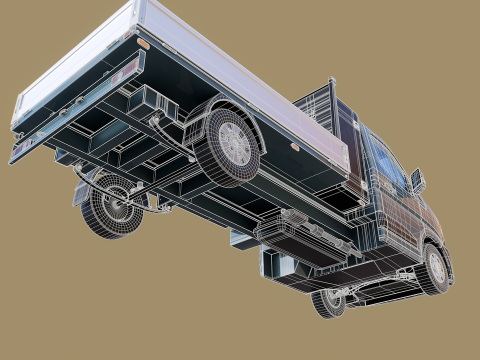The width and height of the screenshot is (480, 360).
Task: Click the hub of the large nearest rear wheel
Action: pyautogui.click(x=236, y=144)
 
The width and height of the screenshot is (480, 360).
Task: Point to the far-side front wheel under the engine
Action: pyautogui.click(x=328, y=301)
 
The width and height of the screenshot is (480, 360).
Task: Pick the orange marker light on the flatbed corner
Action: pyautogui.click(x=143, y=45)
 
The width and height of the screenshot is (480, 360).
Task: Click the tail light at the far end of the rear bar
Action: pyautogui.click(x=15, y=154)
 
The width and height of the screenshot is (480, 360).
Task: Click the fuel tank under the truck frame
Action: pyautogui.click(x=300, y=235)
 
